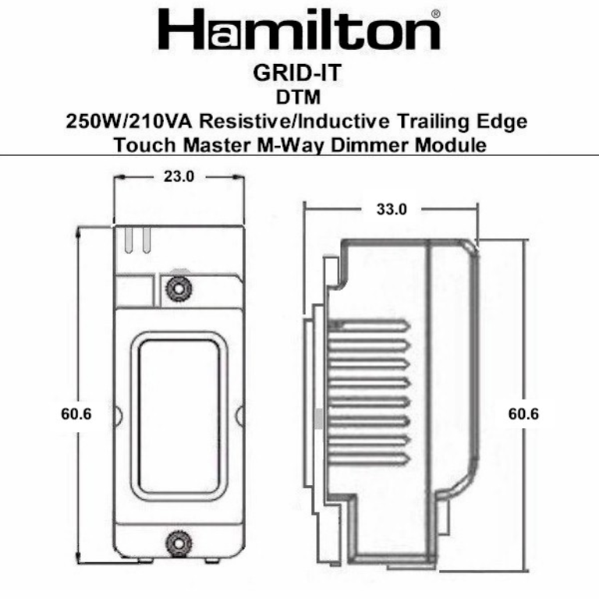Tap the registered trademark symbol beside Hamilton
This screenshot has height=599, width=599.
(435, 14)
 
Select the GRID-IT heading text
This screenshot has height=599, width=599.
(299, 75)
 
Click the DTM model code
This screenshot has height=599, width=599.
(299, 98)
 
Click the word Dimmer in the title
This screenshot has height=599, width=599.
(390, 145)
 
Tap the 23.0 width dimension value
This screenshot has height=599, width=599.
(179, 176)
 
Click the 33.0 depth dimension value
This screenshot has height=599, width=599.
(392, 209)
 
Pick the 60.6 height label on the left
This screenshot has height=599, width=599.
(76, 414)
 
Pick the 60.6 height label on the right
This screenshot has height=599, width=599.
(523, 414)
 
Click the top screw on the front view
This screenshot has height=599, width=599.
(179, 289)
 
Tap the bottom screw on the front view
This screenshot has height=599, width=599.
(179, 541)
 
